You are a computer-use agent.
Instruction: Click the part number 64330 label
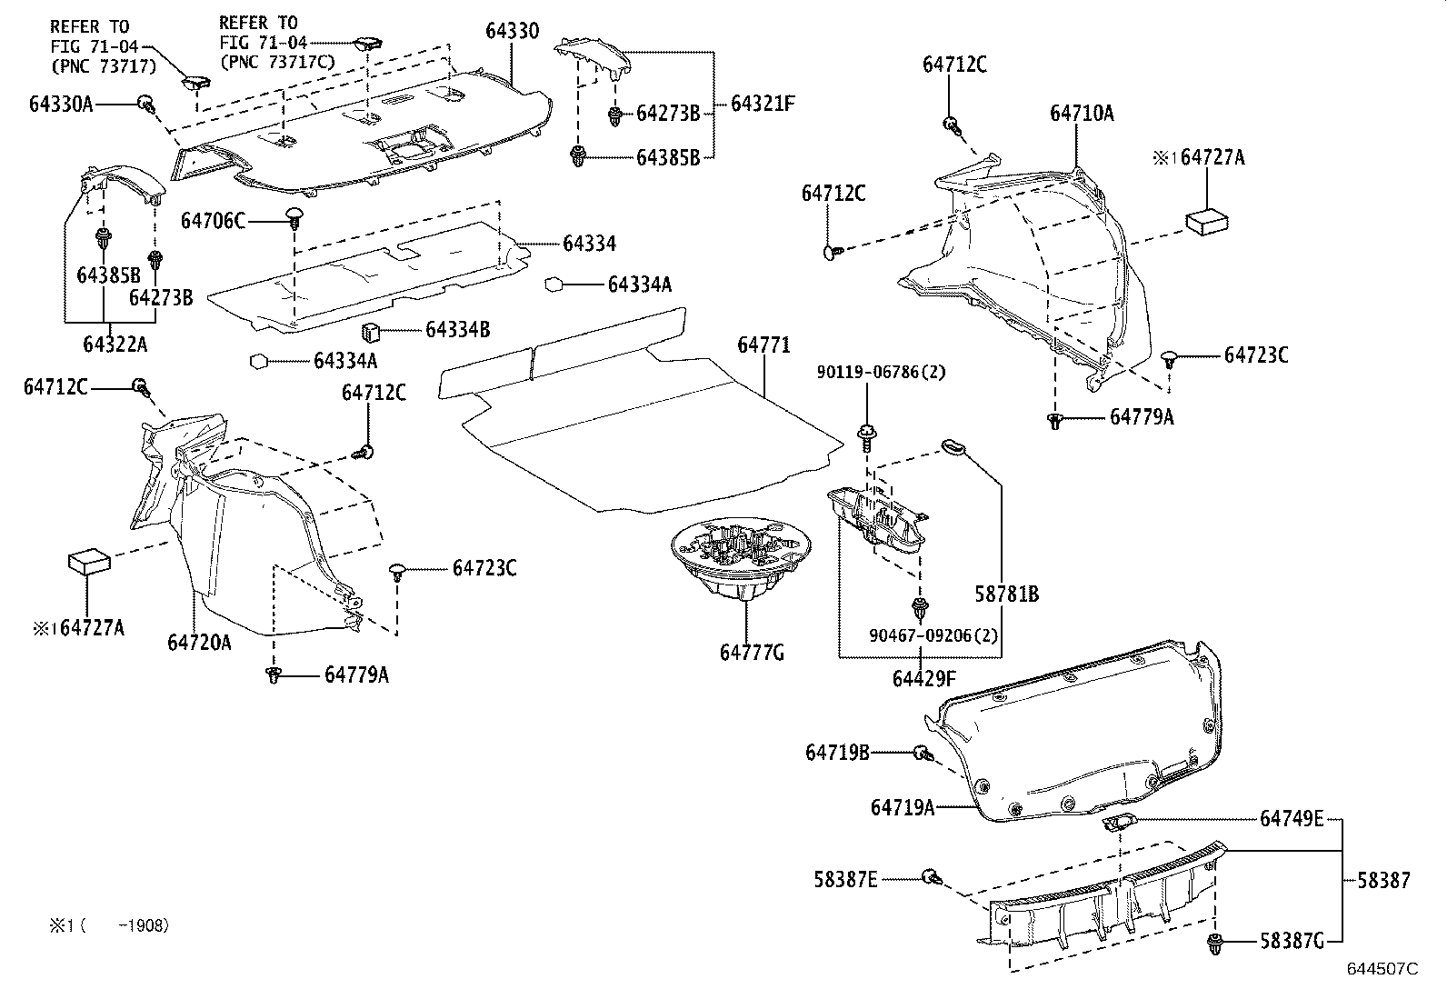(x=512, y=32)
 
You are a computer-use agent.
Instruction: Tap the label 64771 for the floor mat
(x=763, y=345)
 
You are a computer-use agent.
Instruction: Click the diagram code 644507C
(x=1382, y=969)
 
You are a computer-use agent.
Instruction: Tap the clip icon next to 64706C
(x=295, y=216)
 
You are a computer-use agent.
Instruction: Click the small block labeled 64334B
(x=372, y=332)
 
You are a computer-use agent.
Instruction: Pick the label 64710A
(x=1082, y=114)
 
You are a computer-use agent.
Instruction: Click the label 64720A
(x=199, y=643)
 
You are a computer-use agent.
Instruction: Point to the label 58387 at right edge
(x=1383, y=880)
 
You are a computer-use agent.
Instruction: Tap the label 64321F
(x=763, y=104)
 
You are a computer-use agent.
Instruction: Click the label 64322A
(x=115, y=345)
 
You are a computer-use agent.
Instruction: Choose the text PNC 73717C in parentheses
(x=276, y=62)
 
